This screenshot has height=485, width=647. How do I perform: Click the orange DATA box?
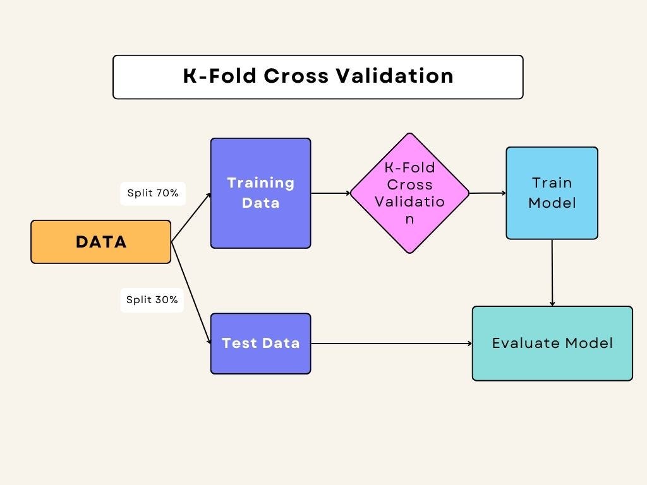[x=100, y=242]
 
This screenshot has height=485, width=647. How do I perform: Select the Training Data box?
[x=260, y=193]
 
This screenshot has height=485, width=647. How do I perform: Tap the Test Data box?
[x=260, y=344]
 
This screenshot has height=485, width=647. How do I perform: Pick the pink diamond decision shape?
[x=409, y=193]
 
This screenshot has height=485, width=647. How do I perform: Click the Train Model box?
[x=552, y=193]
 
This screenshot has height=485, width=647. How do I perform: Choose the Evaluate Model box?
[x=552, y=344]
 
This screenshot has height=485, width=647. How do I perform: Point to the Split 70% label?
[x=152, y=193]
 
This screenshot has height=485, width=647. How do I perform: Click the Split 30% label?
[x=152, y=299]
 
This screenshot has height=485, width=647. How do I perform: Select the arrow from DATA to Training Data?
[x=191, y=217]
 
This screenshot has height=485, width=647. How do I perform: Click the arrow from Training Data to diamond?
[x=330, y=193]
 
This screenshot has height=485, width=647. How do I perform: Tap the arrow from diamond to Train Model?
[x=487, y=193]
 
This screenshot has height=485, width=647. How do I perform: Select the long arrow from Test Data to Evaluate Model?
[x=392, y=344]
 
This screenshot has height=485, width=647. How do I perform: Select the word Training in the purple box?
[x=260, y=183]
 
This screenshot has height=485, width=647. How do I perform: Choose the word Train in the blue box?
[x=552, y=183]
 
